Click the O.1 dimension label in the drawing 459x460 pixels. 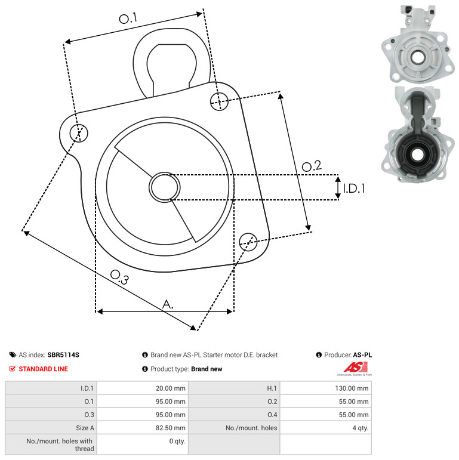click(x=128, y=18)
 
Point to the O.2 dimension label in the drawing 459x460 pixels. click(x=312, y=166)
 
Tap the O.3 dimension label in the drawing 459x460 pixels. click(x=119, y=277)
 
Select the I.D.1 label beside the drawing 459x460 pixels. click(x=354, y=189)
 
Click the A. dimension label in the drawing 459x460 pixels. click(x=168, y=304)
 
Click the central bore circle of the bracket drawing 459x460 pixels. click(x=165, y=187)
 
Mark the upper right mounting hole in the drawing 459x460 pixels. click(x=220, y=101)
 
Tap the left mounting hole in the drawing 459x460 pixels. click(x=79, y=133)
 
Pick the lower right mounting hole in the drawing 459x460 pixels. click(x=248, y=242)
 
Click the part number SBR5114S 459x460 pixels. click(x=63, y=354)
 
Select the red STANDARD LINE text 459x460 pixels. click(x=43, y=369)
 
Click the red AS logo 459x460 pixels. click(x=355, y=369)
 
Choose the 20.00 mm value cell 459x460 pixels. click(x=143, y=388)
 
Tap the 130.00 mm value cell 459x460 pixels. click(x=325, y=388)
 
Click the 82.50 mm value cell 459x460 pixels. click(x=143, y=428)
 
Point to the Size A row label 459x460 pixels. click(x=85, y=428)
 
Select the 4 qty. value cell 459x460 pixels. click(x=325, y=428)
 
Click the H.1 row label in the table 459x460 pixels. click(x=272, y=388)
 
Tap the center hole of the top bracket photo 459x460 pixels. click(x=417, y=57)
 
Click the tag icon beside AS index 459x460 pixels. click(x=13, y=354)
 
